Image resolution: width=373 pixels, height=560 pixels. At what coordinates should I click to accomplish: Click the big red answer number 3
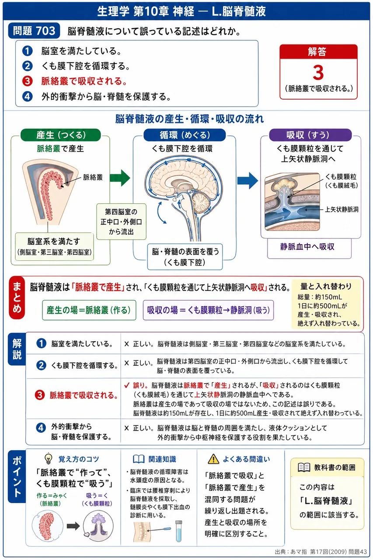click(x=318, y=73)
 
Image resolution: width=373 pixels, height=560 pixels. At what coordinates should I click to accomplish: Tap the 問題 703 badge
click(x=34, y=31)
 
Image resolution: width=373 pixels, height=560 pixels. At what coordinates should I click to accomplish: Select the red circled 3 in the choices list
click(x=27, y=81)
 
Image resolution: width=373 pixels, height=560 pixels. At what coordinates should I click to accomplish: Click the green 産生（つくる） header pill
click(x=61, y=135)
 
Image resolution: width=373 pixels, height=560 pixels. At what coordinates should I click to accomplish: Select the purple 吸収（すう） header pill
click(x=310, y=135)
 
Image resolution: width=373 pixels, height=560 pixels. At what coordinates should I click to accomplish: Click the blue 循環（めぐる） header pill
click(x=185, y=135)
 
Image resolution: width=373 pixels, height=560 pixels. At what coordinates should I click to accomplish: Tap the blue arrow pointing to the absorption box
click(x=248, y=180)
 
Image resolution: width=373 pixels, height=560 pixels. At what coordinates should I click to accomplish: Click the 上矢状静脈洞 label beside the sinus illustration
click(x=342, y=210)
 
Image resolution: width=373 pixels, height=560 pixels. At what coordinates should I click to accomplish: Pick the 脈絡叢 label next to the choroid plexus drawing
click(x=93, y=178)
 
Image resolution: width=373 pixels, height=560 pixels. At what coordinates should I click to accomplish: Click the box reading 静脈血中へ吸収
click(x=309, y=248)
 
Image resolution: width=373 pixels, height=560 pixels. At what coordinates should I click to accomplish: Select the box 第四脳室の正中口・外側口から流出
click(x=122, y=222)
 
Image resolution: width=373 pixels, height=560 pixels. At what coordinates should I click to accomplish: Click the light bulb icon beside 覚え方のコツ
click(x=48, y=458)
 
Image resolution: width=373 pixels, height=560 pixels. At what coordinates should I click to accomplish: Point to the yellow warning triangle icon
click(x=213, y=459)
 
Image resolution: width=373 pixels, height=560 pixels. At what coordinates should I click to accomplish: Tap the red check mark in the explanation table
click(x=127, y=385)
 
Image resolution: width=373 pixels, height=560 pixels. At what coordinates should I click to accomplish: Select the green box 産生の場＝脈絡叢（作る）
click(x=89, y=310)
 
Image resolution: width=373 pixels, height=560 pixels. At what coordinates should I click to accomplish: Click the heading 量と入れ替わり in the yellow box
click(x=326, y=286)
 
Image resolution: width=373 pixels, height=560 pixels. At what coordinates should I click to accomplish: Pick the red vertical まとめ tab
click(x=17, y=298)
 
